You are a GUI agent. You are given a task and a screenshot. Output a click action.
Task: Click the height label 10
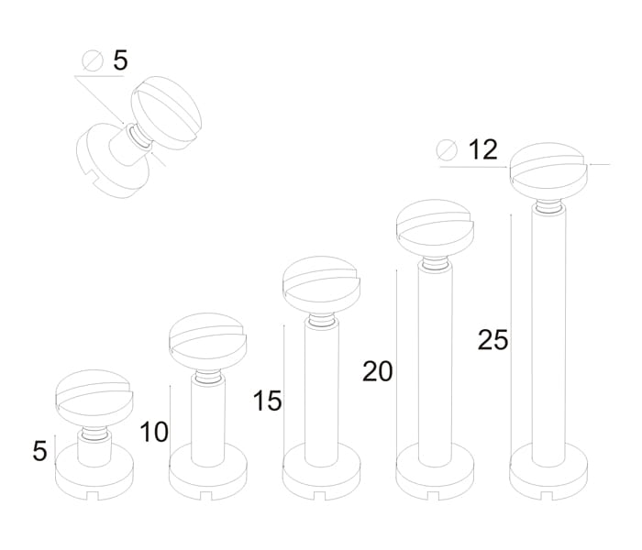(154, 432)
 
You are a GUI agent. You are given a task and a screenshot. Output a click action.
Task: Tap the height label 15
(268, 401)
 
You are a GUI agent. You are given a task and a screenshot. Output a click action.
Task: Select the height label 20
(378, 371)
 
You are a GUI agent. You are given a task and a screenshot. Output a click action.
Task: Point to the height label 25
(493, 340)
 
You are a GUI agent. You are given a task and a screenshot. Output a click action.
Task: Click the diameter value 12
(483, 149)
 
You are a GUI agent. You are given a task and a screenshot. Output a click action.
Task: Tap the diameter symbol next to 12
(447, 150)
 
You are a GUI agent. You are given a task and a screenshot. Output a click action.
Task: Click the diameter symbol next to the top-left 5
(93, 61)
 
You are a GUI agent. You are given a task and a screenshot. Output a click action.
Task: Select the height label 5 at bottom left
(39, 451)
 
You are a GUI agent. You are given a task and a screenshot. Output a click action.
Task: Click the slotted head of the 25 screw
(548, 171)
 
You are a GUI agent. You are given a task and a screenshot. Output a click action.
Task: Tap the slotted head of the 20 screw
(435, 228)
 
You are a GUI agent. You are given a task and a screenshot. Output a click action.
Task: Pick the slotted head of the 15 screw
(321, 285)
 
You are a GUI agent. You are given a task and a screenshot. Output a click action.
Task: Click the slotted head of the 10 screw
(208, 342)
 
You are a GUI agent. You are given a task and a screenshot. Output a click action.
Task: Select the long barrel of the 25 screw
(548, 335)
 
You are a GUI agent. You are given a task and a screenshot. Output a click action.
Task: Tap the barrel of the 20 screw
(436, 364)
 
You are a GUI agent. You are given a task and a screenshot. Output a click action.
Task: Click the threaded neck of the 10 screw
(208, 376)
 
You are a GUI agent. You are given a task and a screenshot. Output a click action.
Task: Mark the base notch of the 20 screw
(434, 496)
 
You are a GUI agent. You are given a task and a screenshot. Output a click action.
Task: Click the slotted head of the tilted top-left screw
(166, 113)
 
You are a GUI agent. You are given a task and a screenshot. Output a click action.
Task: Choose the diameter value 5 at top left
(120, 60)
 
